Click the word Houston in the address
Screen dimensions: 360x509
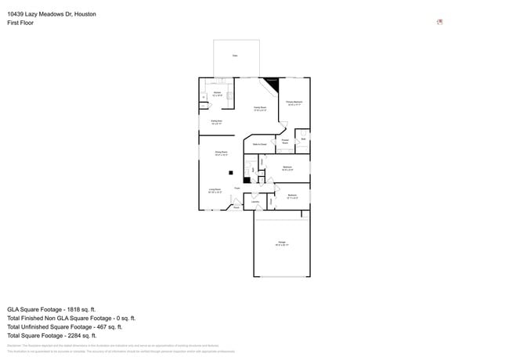point(84,14)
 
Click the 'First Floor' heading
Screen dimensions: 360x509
point(20,23)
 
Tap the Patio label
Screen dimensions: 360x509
point(234,56)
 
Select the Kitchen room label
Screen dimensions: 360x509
point(217,94)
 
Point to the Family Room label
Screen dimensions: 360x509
point(260,109)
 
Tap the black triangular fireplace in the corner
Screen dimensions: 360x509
point(272,81)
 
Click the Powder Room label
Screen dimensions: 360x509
point(285,142)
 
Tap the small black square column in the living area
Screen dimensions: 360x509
point(230,173)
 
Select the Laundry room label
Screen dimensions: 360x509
point(255,202)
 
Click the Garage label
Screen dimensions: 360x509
point(281,243)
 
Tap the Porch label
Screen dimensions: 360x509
point(236,207)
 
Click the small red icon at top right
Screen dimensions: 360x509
point(440,22)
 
